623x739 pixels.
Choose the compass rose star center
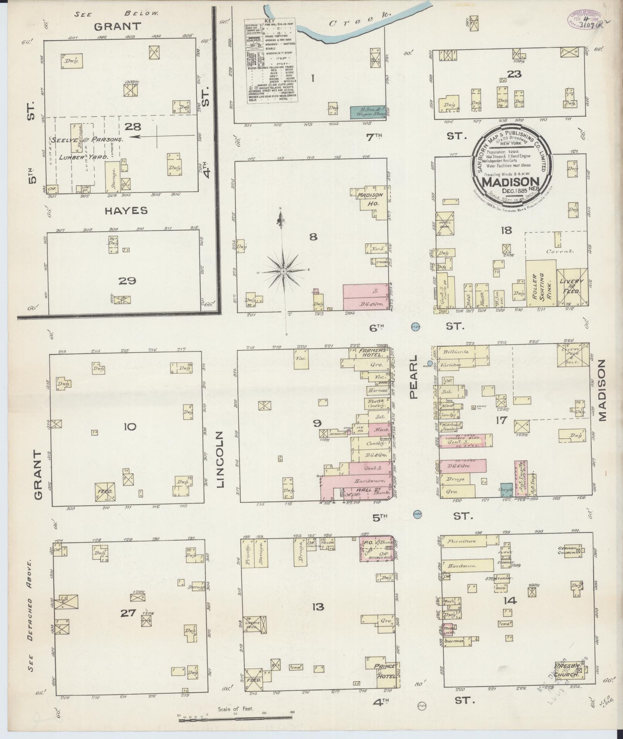pyautogui.click(x=283, y=272)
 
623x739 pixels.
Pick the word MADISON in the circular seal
pyautogui.click(x=511, y=181)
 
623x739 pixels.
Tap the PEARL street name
pyautogui.click(x=414, y=377)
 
